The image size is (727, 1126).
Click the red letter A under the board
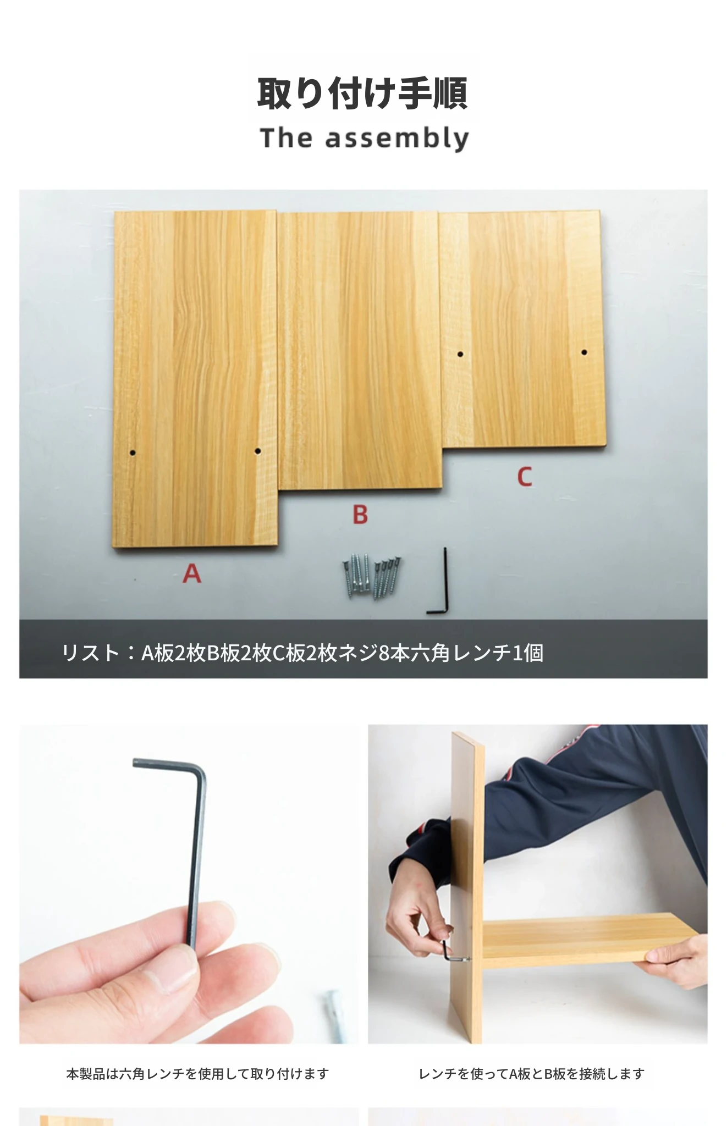tap(192, 573)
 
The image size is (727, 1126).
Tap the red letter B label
tap(360, 515)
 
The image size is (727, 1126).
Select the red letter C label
tap(525, 477)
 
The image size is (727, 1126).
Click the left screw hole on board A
tap(133, 454)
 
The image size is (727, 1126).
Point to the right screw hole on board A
tap(257, 451)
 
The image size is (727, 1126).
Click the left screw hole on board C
tap(460, 354)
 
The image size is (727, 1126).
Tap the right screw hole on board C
tap(584, 352)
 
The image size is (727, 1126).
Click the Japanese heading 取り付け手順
tap(363, 93)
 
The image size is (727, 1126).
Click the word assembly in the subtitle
tap(397, 139)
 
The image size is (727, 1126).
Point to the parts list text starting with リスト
tap(302, 653)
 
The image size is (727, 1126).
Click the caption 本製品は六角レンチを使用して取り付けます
tap(197, 1074)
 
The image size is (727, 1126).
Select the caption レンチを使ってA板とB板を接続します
tap(531, 1074)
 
